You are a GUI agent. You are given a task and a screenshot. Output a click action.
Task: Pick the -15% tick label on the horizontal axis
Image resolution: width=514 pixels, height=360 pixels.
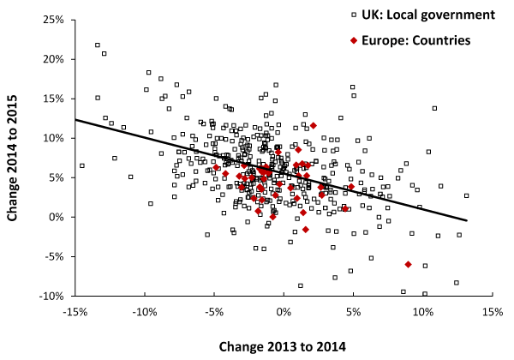coord(75,313)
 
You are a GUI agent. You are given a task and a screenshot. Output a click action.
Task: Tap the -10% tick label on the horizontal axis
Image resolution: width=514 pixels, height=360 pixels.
coord(145,313)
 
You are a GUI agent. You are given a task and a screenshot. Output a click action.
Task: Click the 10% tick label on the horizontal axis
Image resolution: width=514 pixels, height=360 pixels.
coord(423,313)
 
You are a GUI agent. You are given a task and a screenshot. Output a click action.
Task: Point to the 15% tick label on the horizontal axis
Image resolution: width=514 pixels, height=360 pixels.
coord(493,313)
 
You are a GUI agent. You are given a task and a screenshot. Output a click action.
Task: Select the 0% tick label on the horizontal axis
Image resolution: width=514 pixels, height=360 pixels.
coord(284,313)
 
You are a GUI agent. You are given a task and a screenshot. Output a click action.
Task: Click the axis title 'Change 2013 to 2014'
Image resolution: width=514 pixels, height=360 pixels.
coord(284,346)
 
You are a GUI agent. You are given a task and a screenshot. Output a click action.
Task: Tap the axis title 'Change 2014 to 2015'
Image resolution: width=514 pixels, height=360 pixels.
coord(15,159)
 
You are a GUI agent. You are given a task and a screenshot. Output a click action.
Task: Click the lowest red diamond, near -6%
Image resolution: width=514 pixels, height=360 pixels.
coord(408,264)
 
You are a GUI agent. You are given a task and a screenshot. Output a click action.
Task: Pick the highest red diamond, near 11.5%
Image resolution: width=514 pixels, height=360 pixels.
coord(314,126)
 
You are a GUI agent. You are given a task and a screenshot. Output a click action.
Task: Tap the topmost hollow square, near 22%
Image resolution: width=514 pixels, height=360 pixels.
coord(98,45)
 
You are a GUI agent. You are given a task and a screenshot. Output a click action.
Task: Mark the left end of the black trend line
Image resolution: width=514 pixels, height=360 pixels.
coord(75,119)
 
